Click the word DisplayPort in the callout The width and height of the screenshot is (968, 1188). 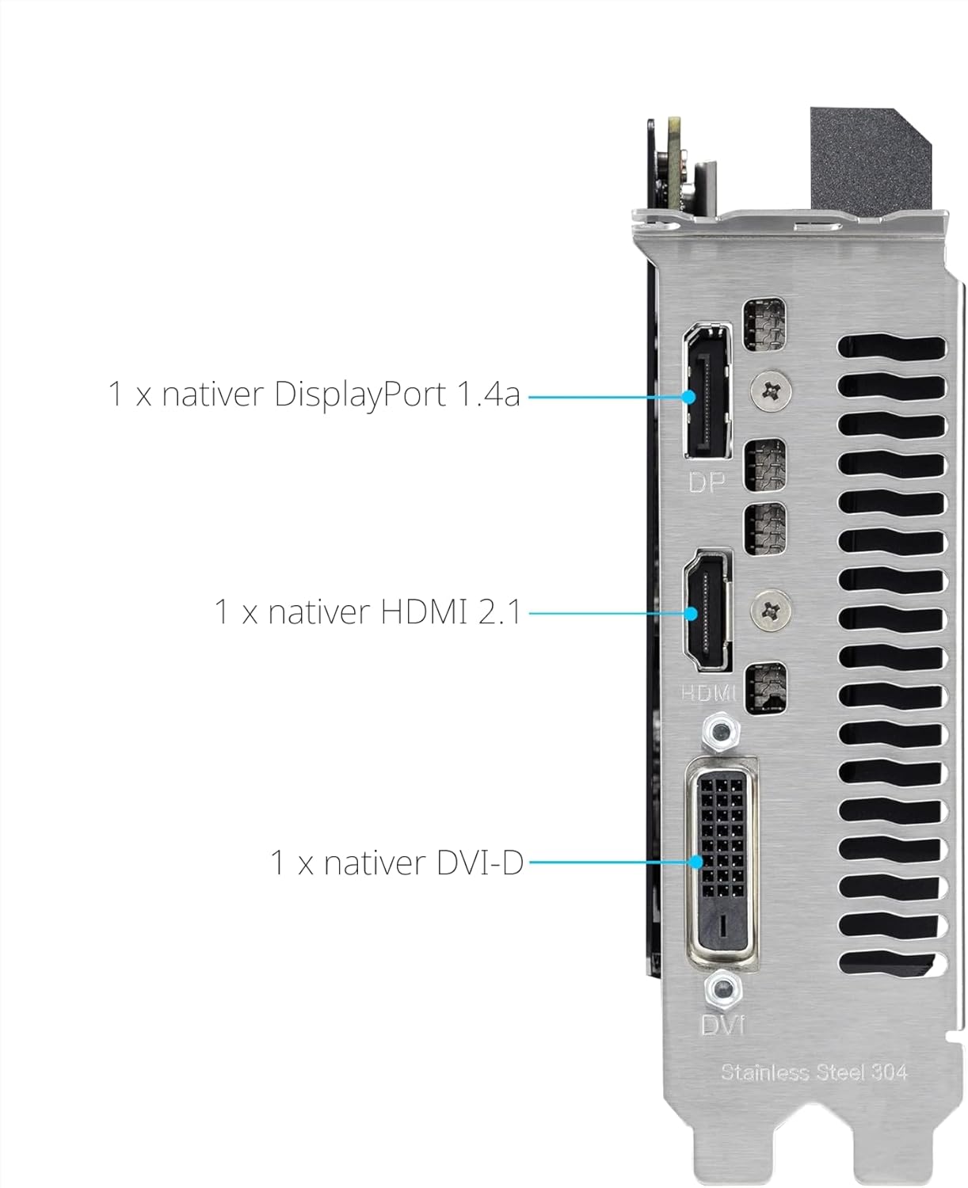coord(360,395)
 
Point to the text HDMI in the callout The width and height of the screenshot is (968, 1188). coord(424,611)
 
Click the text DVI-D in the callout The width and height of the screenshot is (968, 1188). coord(479,862)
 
